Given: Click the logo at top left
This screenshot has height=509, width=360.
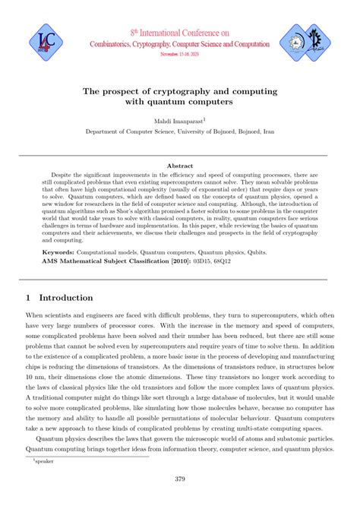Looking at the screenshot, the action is pos(39,43).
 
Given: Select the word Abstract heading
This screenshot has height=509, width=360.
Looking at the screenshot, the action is pos(179,165).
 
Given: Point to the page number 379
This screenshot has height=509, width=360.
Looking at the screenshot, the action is pos(180,479).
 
